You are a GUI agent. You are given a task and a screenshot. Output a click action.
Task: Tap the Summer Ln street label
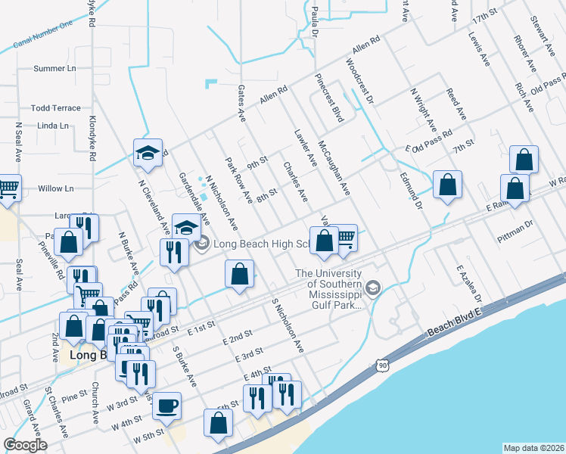(55, 69)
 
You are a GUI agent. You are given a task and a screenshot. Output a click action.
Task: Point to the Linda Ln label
(53, 126)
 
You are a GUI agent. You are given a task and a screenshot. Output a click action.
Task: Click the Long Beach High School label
(262, 244)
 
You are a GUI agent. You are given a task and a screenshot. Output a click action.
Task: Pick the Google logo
(25, 445)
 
